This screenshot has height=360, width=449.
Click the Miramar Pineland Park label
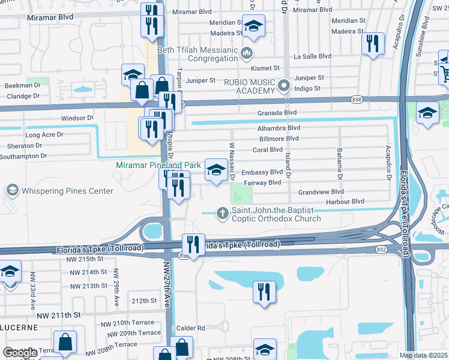click(158, 164)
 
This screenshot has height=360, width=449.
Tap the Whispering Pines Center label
click(67, 191)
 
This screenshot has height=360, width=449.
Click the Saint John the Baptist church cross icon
click(223, 212)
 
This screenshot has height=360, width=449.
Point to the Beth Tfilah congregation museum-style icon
click(246, 55)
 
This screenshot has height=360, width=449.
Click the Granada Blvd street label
click(277, 112)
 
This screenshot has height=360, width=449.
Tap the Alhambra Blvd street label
click(279, 128)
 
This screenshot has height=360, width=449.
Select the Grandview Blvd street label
click(321, 192)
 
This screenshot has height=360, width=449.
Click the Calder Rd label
click(191, 328)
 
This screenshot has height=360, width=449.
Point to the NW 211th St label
click(58, 315)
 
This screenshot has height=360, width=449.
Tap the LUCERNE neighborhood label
click(19, 328)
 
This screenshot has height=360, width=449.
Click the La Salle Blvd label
click(312, 56)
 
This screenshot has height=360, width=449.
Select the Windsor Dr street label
click(77, 118)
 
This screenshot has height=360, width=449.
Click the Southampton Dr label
click(24, 156)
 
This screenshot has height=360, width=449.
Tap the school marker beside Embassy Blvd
click(216, 169)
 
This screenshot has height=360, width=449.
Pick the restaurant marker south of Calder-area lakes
click(264, 292)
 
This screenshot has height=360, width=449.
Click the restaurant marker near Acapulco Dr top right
click(373, 43)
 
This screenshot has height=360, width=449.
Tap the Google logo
click(20, 353)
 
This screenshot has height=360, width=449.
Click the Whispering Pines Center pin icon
click(11, 191)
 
